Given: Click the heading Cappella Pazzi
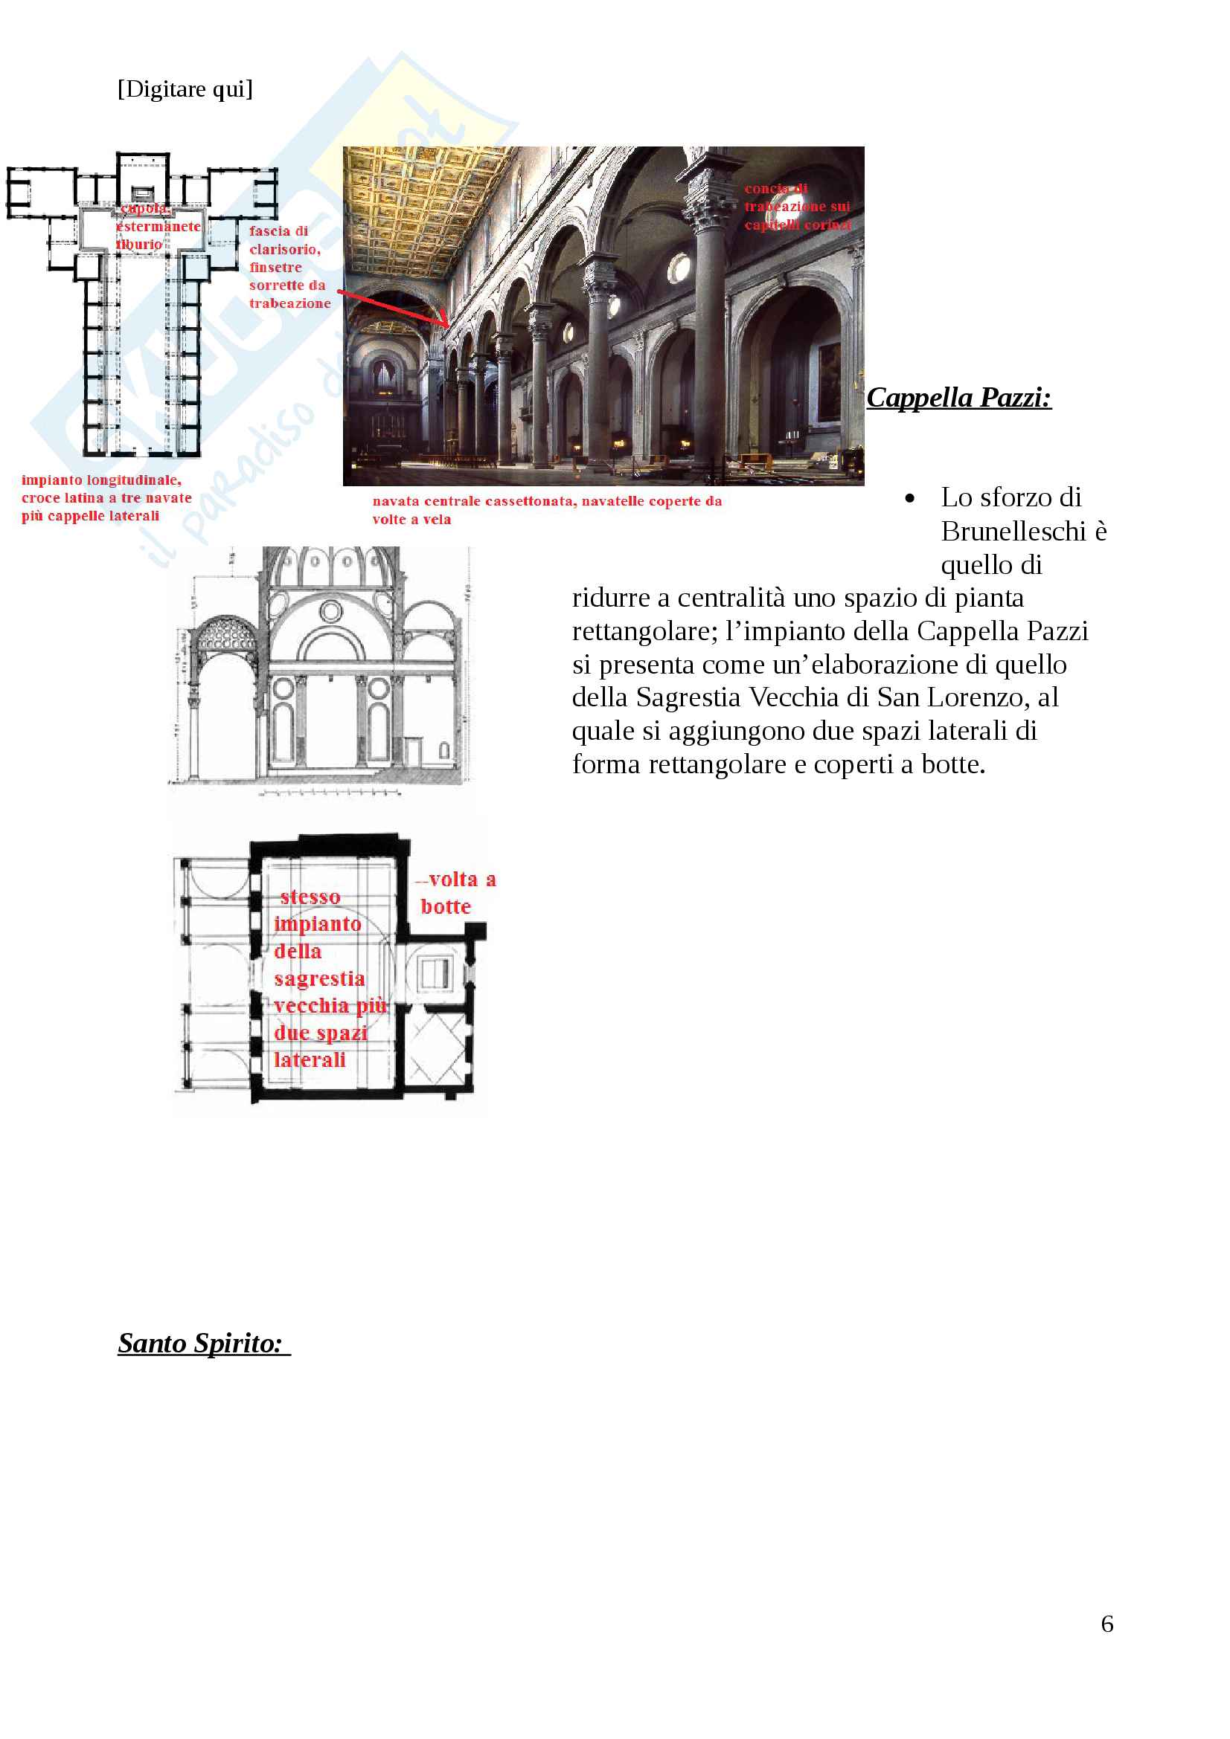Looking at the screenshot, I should tap(958, 398).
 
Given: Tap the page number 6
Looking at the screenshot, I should tap(1106, 1623).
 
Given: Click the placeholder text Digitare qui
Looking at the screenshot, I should tap(185, 89).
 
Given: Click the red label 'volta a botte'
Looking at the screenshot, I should tap(455, 892).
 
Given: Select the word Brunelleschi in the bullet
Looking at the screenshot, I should tap(1013, 532).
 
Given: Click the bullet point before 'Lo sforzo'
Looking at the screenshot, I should tap(909, 498).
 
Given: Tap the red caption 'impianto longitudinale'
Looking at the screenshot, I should tap(101, 480).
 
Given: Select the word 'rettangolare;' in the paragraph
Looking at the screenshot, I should tap(645, 631).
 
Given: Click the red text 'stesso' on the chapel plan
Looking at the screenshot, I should tap(310, 897).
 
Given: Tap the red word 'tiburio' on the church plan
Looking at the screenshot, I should tap(138, 245).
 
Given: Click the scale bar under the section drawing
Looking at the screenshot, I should tap(330, 793).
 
